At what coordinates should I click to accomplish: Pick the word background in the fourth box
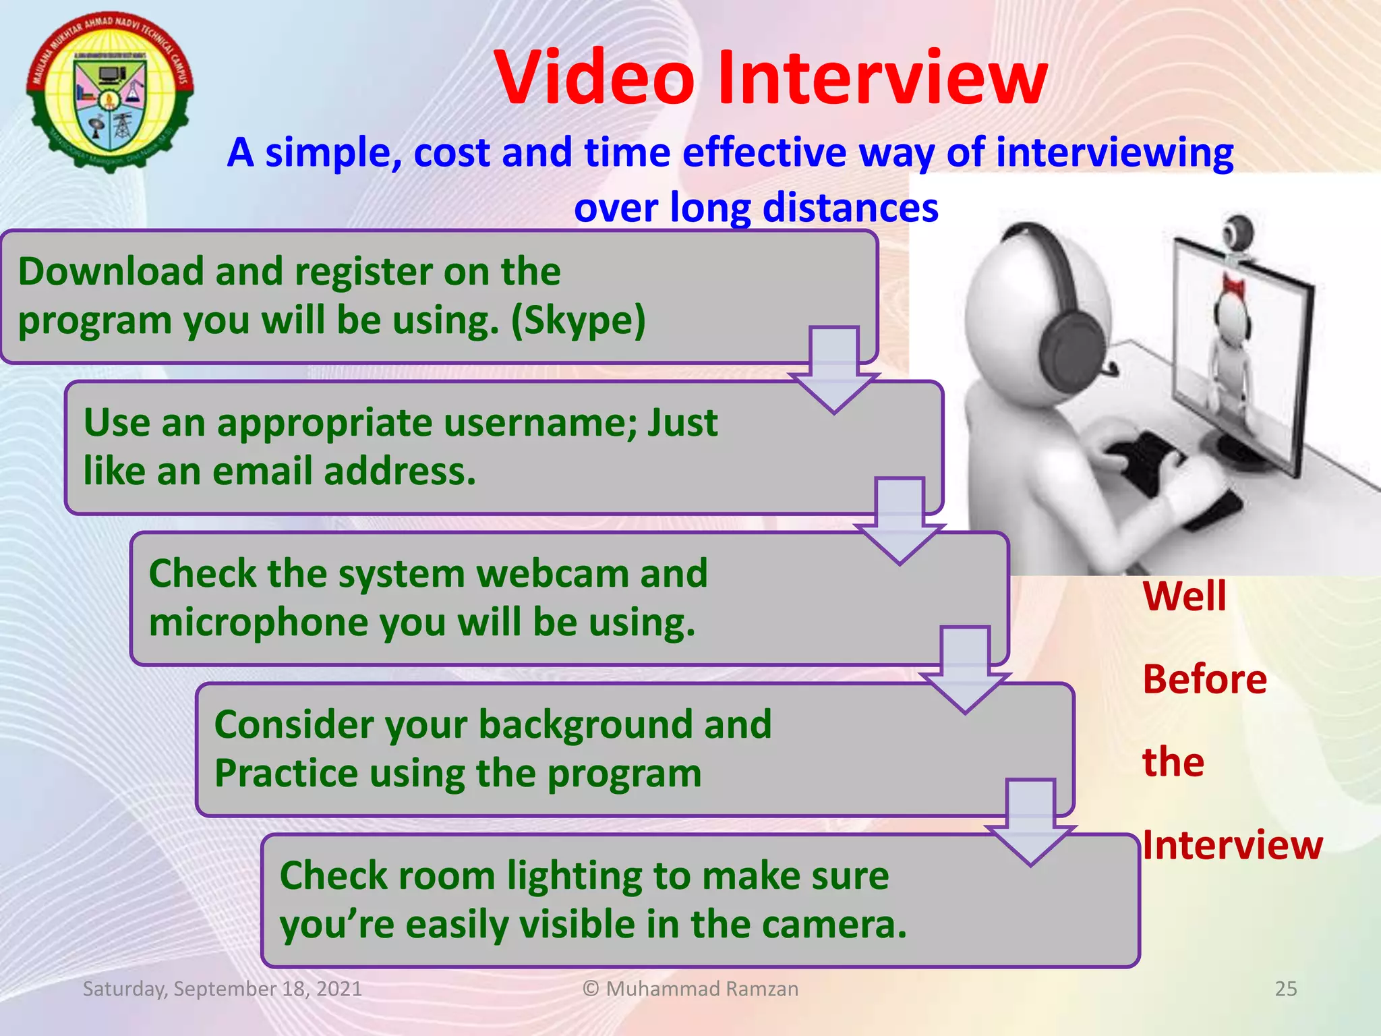tap(586, 725)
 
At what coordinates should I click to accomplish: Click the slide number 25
tap(1285, 989)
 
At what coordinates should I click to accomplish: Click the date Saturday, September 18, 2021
tap(223, 989)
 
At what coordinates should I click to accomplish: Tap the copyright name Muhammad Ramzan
tap(701, 989)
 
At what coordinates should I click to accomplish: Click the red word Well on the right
tap(1184, 596)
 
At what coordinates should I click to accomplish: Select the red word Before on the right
tap(1204, 679)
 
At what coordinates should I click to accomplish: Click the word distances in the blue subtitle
tap(850, 208)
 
